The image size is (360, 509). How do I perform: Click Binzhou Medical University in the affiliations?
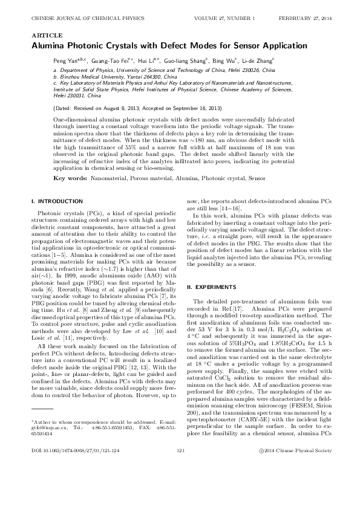coord(88,77)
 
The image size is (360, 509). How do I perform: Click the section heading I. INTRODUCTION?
coord(54,200)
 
